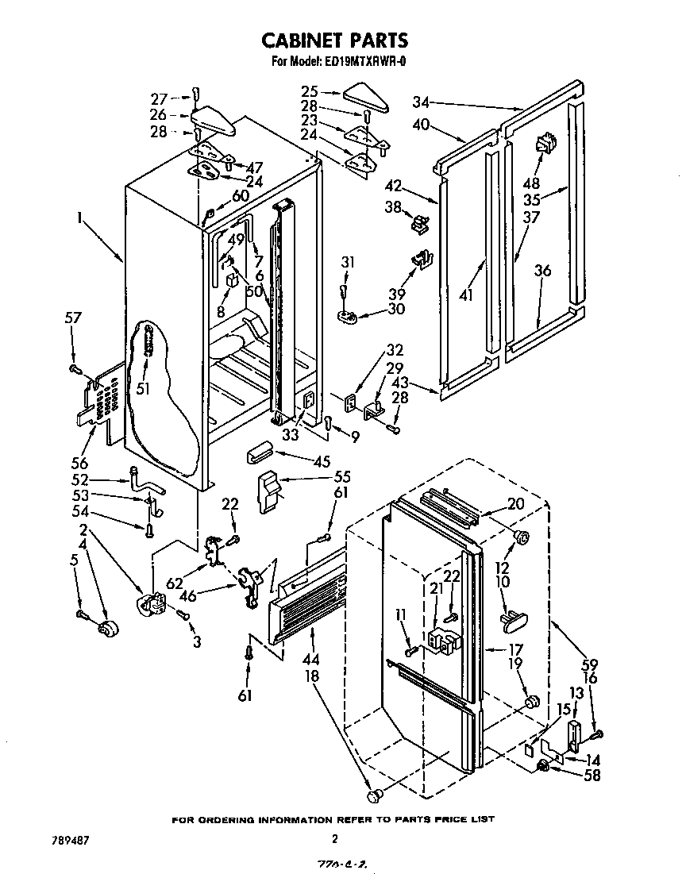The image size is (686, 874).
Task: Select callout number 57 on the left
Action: click(73, 318)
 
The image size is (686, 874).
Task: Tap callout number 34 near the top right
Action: click(421, 101)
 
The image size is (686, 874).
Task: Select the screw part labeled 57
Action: click(76, 369)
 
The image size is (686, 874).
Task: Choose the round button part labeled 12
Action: click(522, 537)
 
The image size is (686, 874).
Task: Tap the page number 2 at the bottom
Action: click(335, 838)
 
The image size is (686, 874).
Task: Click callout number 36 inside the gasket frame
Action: click(542, 271)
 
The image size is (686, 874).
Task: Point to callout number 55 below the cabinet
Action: click(342, 477)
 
